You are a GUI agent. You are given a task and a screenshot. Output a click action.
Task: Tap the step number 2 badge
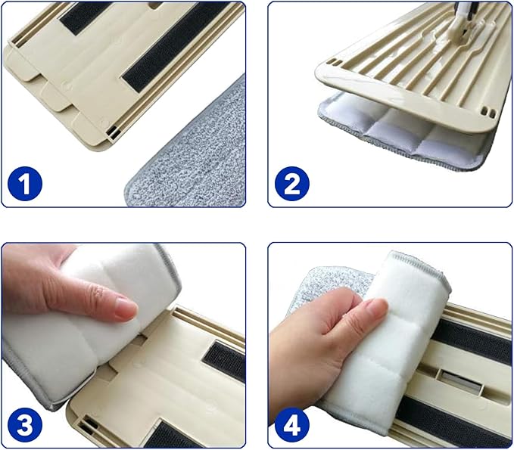point(291,184)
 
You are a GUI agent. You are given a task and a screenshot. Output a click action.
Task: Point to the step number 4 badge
point(291,426)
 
